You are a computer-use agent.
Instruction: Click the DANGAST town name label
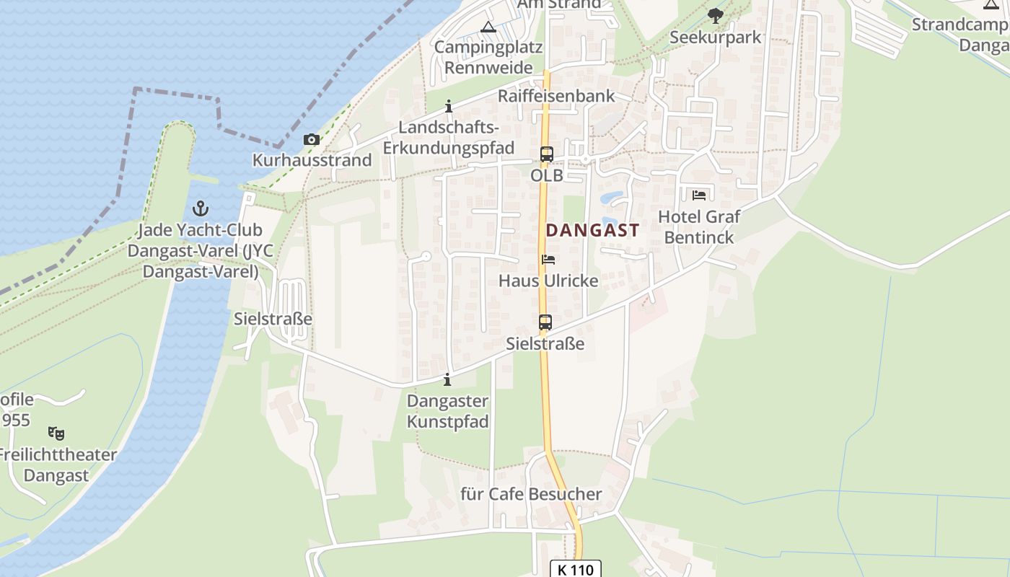[592, 231]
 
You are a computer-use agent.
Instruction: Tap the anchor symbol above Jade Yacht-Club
[201, 209]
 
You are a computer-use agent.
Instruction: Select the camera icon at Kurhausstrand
[312, 140]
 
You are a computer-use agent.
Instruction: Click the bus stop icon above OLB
[547, 154]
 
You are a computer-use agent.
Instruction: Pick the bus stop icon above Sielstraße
[545, 322]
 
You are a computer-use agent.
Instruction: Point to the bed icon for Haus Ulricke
[548, 260]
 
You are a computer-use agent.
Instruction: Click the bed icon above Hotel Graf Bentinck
[699, 195]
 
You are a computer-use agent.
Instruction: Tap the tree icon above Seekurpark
[715, 15]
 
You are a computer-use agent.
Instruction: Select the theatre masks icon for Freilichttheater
[56, 433]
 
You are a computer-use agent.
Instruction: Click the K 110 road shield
[575, 570]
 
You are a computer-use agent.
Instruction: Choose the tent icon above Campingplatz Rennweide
[488, 27]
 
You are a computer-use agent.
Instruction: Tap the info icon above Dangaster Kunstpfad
[447, 379]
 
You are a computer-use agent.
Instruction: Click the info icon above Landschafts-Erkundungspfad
[449, 107]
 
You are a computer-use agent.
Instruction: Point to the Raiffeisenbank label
[556, 96]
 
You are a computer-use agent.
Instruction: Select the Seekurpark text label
[716, 37]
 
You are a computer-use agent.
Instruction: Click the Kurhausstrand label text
[312, 160]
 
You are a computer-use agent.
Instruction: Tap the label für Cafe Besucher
[531, 494]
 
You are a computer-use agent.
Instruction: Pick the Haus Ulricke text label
[548, 281]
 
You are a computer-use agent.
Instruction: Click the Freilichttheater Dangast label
[56, 465]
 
